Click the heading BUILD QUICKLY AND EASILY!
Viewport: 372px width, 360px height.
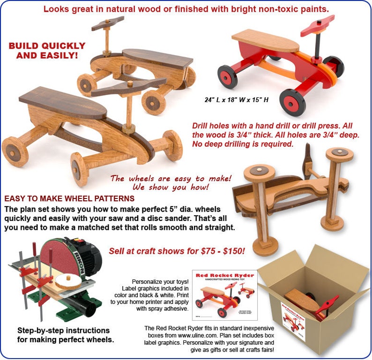(x=47, y=51)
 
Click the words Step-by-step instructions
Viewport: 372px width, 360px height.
(x=63, y=331)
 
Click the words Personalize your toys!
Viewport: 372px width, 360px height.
(x=160, y=282)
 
